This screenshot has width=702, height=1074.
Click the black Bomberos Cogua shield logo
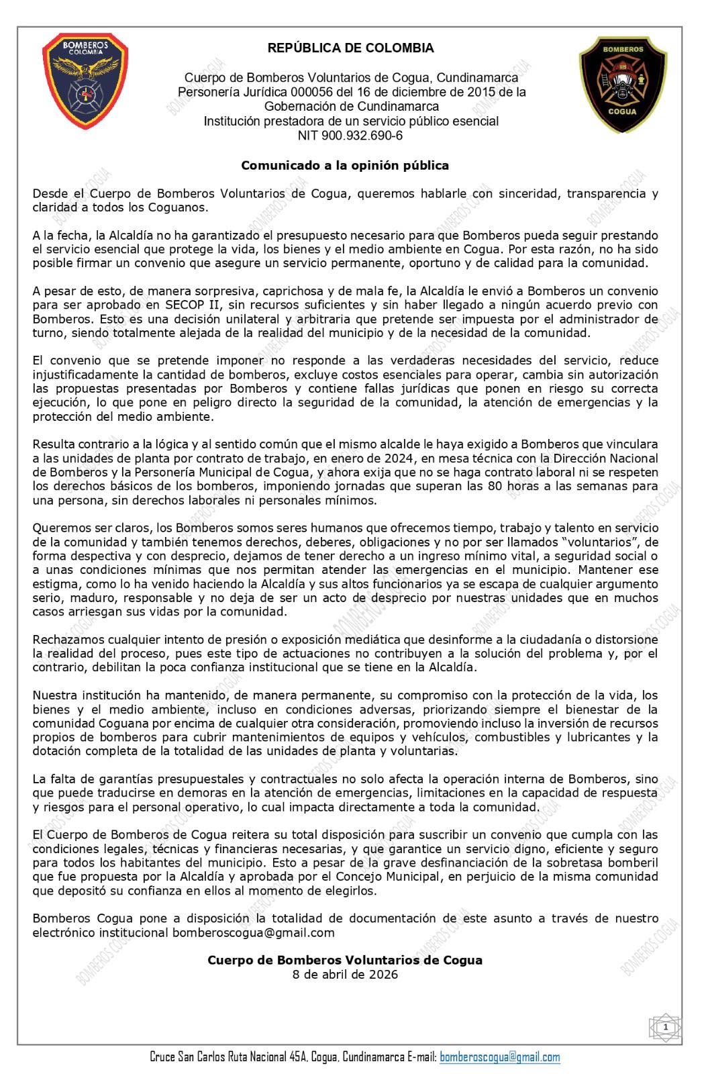point(622,85)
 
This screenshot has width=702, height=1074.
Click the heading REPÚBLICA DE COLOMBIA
point(350,48)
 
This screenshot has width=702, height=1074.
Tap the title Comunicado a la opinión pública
point(344,165)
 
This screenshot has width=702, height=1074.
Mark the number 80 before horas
point(524,486)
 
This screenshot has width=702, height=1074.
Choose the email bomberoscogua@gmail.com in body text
point(253,933)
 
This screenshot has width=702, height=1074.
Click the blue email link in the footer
point(499,1058)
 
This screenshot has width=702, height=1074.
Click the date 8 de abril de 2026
point(344,975)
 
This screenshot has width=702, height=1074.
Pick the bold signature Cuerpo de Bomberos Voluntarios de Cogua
point(344,961)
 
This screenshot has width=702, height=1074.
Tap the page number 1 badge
point(664,1028)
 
